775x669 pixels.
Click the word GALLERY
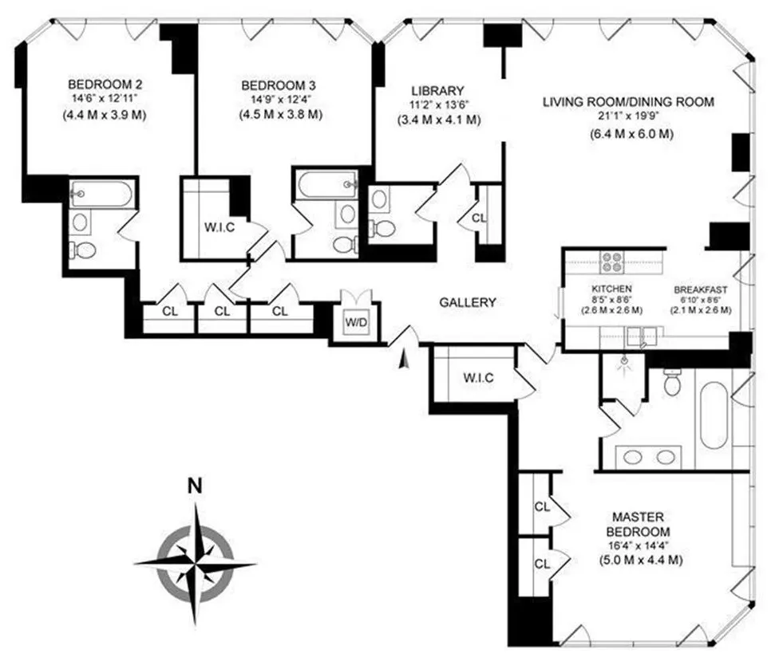click(x=468, y=302)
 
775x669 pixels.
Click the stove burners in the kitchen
click(x=612, y=262)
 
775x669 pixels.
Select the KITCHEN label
click(x=612, y=289)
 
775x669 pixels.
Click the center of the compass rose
click(x=195, y=563)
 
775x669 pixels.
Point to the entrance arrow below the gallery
click(x=403, y=360)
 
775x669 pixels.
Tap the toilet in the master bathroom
click(x=672, y=384)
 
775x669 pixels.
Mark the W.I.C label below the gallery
click(x=477, y=377)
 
